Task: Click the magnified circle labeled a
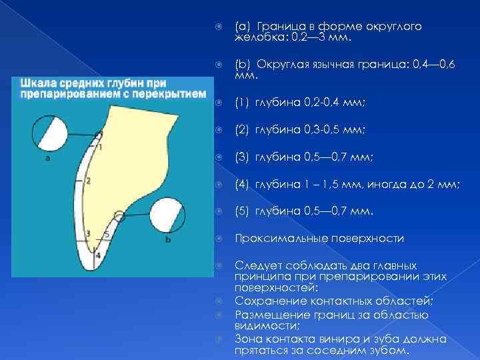click(47, 133)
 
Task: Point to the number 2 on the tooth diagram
click(89, 180)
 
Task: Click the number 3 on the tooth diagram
click(89, 233)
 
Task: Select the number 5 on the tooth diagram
click(107, 234)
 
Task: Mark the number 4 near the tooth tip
click(97, 255)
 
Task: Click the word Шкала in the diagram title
click(37, 85)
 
